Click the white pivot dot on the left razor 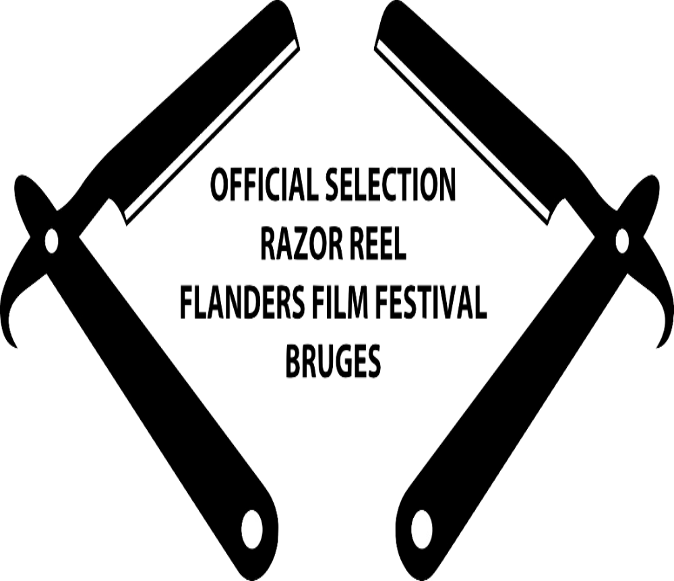[x=51, y=239]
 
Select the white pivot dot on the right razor [x=622, y=239]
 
